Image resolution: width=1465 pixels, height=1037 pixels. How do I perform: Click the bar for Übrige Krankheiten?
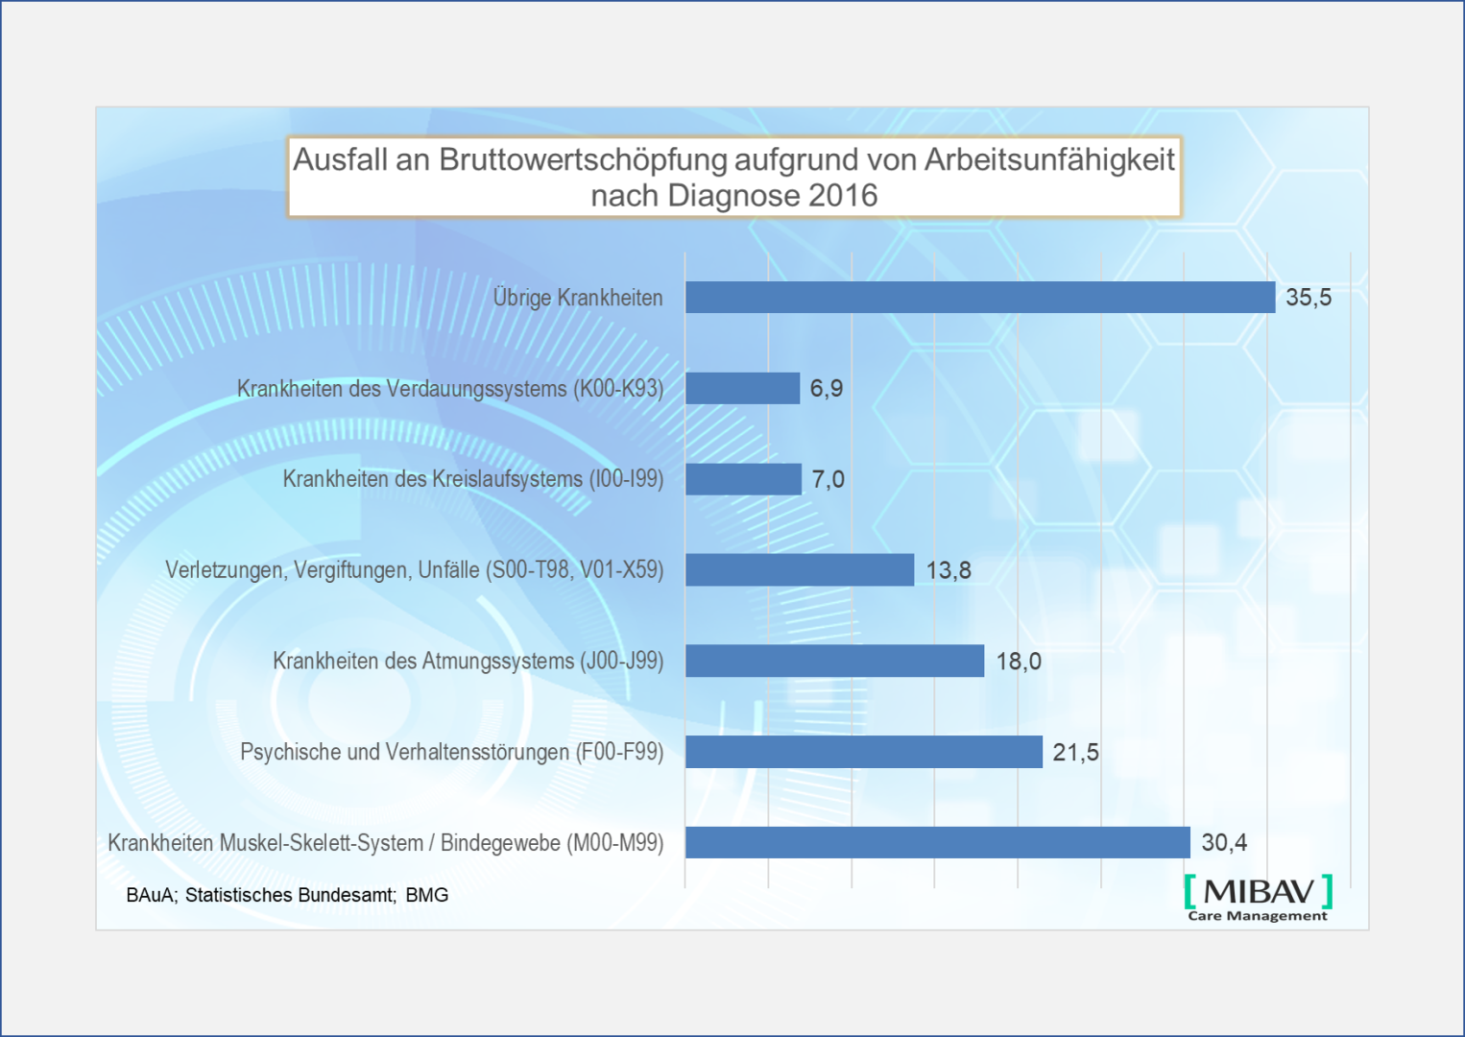[x=979, y=298]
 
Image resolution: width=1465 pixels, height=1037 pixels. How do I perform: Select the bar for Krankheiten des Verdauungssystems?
[x=742, y=388]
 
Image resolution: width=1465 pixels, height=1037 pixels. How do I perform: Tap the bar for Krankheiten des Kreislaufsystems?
[x=743, y=479]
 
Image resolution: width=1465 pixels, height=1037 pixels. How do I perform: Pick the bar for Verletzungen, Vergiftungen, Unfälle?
[x=799, y=569]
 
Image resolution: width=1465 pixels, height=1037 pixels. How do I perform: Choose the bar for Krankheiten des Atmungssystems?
[x=834, y=661]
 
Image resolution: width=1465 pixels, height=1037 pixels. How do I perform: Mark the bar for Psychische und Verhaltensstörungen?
[x=863, y=752]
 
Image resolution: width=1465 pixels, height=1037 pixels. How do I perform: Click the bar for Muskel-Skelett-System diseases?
[x=937, y=842]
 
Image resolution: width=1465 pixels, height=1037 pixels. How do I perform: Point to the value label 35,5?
[x=1309, y=298]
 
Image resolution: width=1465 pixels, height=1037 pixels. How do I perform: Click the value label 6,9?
[x=827, y=388]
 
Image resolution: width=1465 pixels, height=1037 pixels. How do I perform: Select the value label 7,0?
[x=828, y=479]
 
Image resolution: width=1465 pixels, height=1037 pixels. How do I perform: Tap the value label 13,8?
[x=949, y=570]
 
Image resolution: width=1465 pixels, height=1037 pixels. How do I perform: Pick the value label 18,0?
[x=1019, y=662]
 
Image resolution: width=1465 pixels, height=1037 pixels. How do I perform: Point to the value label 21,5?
[x=1075, y=753]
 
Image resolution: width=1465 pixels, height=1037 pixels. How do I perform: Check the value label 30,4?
[x=1224, y=843]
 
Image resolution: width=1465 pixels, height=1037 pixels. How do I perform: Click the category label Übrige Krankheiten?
[x=578, y=298]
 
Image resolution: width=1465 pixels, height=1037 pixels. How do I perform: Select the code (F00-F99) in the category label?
[x=619, y=752]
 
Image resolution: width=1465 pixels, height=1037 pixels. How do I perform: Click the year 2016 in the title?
[x=843, y=196]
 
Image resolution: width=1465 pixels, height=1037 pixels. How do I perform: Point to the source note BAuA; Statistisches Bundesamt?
[x=260, y=895]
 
